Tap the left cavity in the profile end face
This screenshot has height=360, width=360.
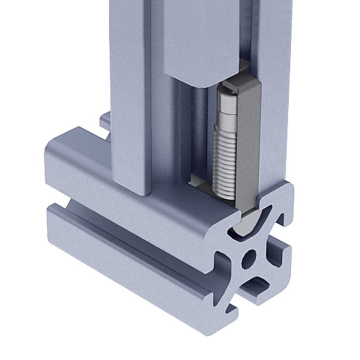click(x=224, y=265)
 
